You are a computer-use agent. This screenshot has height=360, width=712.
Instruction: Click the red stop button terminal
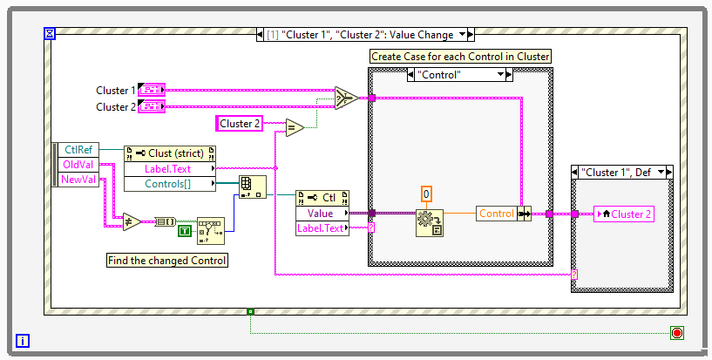tap(676, 332)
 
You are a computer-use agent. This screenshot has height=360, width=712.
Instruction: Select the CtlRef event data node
tap(78, 149)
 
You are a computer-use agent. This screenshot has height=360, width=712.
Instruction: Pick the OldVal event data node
tap(78, 165)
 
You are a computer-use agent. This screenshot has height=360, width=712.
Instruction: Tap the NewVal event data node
tap(78, 180)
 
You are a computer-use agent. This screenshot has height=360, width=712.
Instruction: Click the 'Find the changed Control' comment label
tap(166, 260)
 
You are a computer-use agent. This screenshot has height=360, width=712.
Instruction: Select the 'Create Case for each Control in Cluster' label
tap(461, 56)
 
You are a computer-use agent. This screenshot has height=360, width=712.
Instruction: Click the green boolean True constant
tap(185, 230)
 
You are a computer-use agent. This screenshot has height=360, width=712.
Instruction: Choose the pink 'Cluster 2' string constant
tap(240, 124)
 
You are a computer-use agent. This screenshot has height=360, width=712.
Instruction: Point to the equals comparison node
tap(292, 128)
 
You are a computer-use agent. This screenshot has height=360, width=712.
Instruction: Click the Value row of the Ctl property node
tap(321, 213)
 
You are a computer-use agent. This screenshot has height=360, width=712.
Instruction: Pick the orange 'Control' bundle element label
tap(496, 213)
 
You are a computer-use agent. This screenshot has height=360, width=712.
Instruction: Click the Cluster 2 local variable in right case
tap(624, 214)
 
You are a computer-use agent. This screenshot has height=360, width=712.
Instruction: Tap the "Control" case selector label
tap(458, 75)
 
